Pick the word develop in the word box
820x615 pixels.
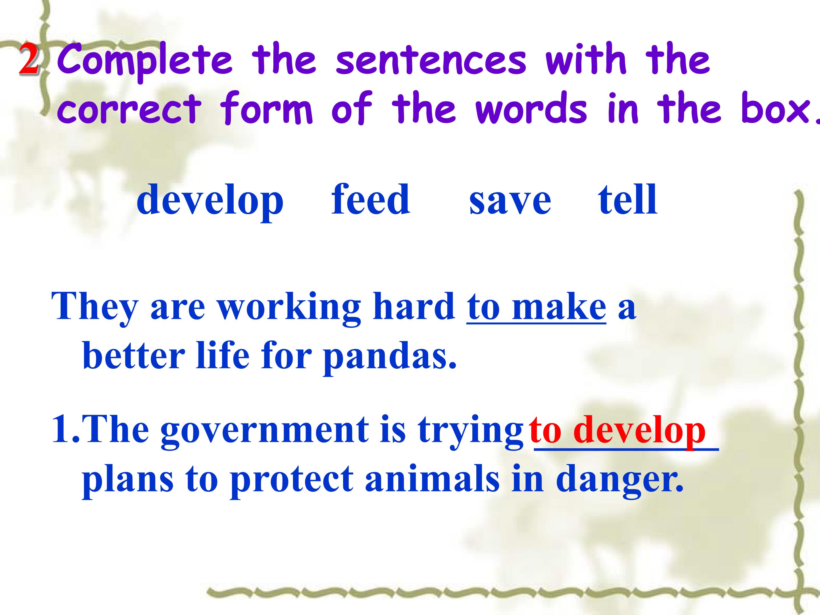[210, 202]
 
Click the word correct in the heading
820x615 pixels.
[129, 110]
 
